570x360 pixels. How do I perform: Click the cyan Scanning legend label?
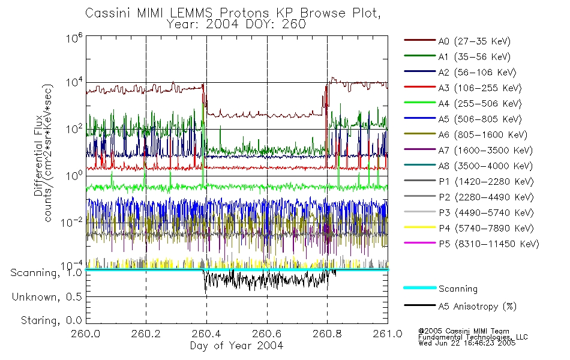(x=458, y=289)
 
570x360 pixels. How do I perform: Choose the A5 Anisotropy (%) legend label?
(x=477, y=307)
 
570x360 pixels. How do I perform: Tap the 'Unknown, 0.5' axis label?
(x=47, y=297)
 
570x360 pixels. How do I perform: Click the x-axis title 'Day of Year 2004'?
(x=236, y=346)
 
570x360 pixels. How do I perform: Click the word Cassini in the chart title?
(x=104, y=12)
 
